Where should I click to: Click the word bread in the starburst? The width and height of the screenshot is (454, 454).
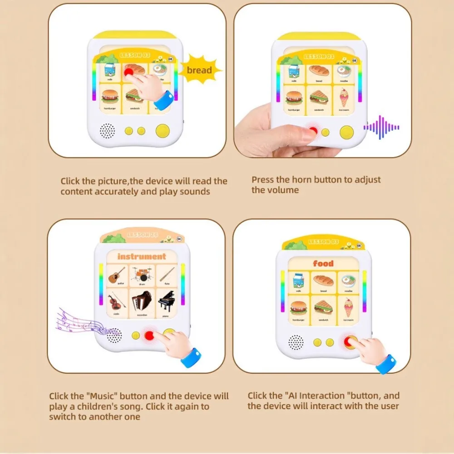199,70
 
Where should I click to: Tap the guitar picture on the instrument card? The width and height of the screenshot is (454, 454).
117,274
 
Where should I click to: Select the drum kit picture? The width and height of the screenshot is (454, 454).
142,274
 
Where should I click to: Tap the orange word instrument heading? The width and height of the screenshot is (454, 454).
142,257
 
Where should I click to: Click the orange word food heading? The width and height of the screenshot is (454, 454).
323,263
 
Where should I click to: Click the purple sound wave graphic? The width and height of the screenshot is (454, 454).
381,128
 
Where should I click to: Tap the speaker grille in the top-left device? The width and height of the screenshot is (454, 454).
107,131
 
